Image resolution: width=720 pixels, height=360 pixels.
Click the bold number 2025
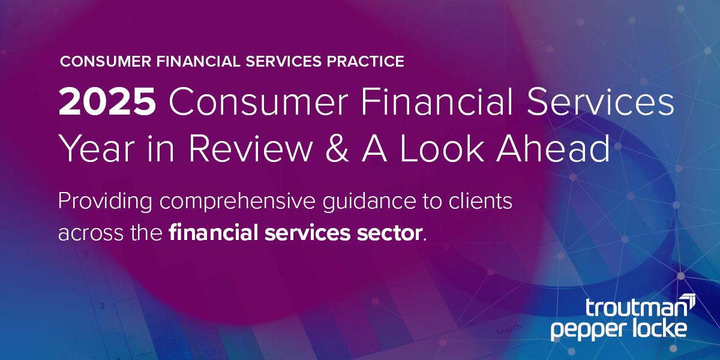[x=107, y=101]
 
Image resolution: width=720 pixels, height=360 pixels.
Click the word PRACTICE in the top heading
[x=365, y=61]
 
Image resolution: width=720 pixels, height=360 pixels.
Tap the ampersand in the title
[x=337, y=149]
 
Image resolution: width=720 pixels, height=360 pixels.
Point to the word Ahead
[x=553, y=148]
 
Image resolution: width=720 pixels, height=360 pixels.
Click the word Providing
[x=105, y=202]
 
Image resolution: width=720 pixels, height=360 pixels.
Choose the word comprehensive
[x=238, y=202]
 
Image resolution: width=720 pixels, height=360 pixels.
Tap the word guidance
[x=370, y=202]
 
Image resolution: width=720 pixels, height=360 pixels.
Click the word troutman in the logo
[x=636, y=308]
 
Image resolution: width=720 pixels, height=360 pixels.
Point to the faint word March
[x=509, y=329]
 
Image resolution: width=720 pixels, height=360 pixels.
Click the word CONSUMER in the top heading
[x=106, y=61]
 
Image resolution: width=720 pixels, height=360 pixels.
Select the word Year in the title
[x=96, y=149]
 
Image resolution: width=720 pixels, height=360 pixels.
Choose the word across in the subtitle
[x=91, y=233]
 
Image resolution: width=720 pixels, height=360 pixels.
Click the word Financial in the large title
[x=437, y=101]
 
